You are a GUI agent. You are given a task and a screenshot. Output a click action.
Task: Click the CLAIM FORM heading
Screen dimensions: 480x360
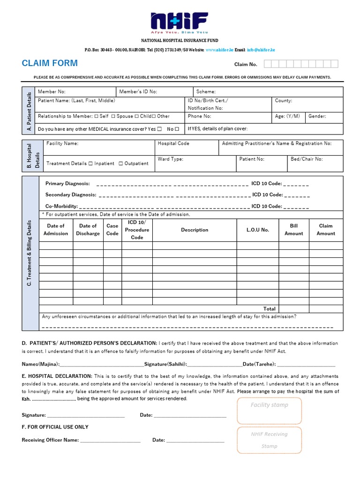(50, 63)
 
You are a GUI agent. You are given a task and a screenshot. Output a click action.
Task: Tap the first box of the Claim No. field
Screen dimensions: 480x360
(268, 64)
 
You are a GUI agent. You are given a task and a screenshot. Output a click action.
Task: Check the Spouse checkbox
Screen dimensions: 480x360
(113, 116)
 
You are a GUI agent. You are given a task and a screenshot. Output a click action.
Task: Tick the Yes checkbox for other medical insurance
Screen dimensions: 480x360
(160, 129)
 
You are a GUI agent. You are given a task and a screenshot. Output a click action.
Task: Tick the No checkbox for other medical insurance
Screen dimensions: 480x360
(177, 129)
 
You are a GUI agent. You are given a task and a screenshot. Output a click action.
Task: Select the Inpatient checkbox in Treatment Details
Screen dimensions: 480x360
(91, 164)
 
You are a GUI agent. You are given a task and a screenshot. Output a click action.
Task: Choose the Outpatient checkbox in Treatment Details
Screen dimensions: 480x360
(121, 164)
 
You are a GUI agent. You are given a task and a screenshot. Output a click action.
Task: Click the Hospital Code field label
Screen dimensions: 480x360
(173, 143)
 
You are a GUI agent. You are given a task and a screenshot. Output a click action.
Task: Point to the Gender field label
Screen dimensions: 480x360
(317, 116)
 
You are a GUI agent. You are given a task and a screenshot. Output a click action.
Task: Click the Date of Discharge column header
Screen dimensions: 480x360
(88, 230)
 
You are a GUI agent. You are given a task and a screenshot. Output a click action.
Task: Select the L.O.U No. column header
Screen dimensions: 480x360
(257, 230)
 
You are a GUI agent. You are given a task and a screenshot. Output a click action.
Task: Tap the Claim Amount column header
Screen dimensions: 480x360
(326, 230)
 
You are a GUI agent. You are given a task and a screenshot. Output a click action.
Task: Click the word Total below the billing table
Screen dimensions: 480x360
(269, 309)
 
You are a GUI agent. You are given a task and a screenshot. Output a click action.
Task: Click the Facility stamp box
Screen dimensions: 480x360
(269, 410)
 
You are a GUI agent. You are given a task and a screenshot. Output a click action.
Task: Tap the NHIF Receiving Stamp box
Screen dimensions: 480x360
(269, 440)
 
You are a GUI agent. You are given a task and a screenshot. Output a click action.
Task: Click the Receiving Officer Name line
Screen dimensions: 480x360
(110, 440)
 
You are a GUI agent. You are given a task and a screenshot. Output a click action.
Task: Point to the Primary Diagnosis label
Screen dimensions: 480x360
(67, 184)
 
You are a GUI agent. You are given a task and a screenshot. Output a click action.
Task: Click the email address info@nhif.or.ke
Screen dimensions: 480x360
(261, 50)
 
